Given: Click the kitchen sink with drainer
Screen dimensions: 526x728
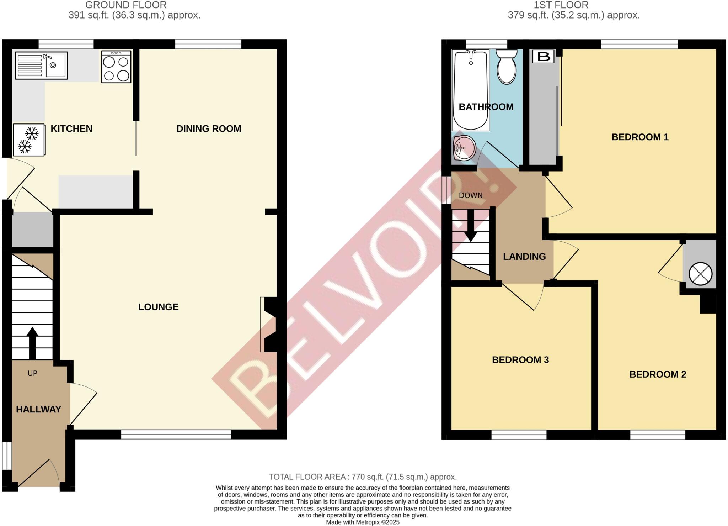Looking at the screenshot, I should (x=41, y=65).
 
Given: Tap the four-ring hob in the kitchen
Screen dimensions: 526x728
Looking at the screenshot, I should (x=116, y=67).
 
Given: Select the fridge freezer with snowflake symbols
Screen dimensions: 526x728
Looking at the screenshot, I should (x=29, y=140).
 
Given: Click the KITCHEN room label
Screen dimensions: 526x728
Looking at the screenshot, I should (x=71, y=129).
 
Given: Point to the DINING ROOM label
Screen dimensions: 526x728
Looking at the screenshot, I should (x=209, y=129).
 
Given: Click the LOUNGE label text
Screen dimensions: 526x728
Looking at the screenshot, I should (x=158, y=307).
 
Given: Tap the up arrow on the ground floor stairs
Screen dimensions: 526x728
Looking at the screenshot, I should (x=32, y=342).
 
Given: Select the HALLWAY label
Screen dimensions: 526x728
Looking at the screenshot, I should (x=38, y=409).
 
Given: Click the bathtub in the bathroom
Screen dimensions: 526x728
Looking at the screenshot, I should (x=470, y=90).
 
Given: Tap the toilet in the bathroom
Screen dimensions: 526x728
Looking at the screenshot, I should (x=506, y=67).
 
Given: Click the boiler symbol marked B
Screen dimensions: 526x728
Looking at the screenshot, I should (x=544, y=57).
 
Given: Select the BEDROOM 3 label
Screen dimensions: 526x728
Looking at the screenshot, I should (x=520, y=360).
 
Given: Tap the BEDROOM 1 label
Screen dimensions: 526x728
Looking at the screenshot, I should (x=640, y=137).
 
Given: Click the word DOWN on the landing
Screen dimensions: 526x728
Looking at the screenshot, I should (x=471, y=195).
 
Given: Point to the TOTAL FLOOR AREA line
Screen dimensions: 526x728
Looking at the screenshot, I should (x=363, y=477).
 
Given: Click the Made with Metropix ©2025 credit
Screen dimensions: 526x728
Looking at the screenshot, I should (x=363, y=522).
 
